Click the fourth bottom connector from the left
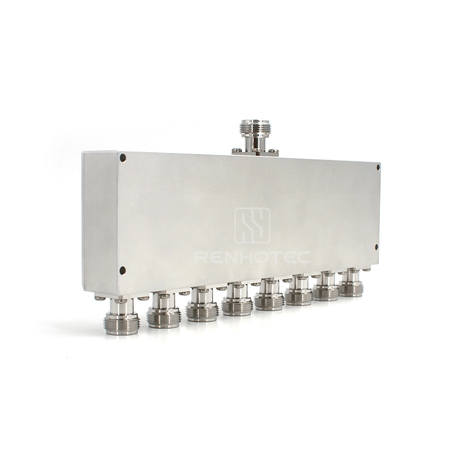click(x=237, y=300)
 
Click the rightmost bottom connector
click(x=350, y=283)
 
